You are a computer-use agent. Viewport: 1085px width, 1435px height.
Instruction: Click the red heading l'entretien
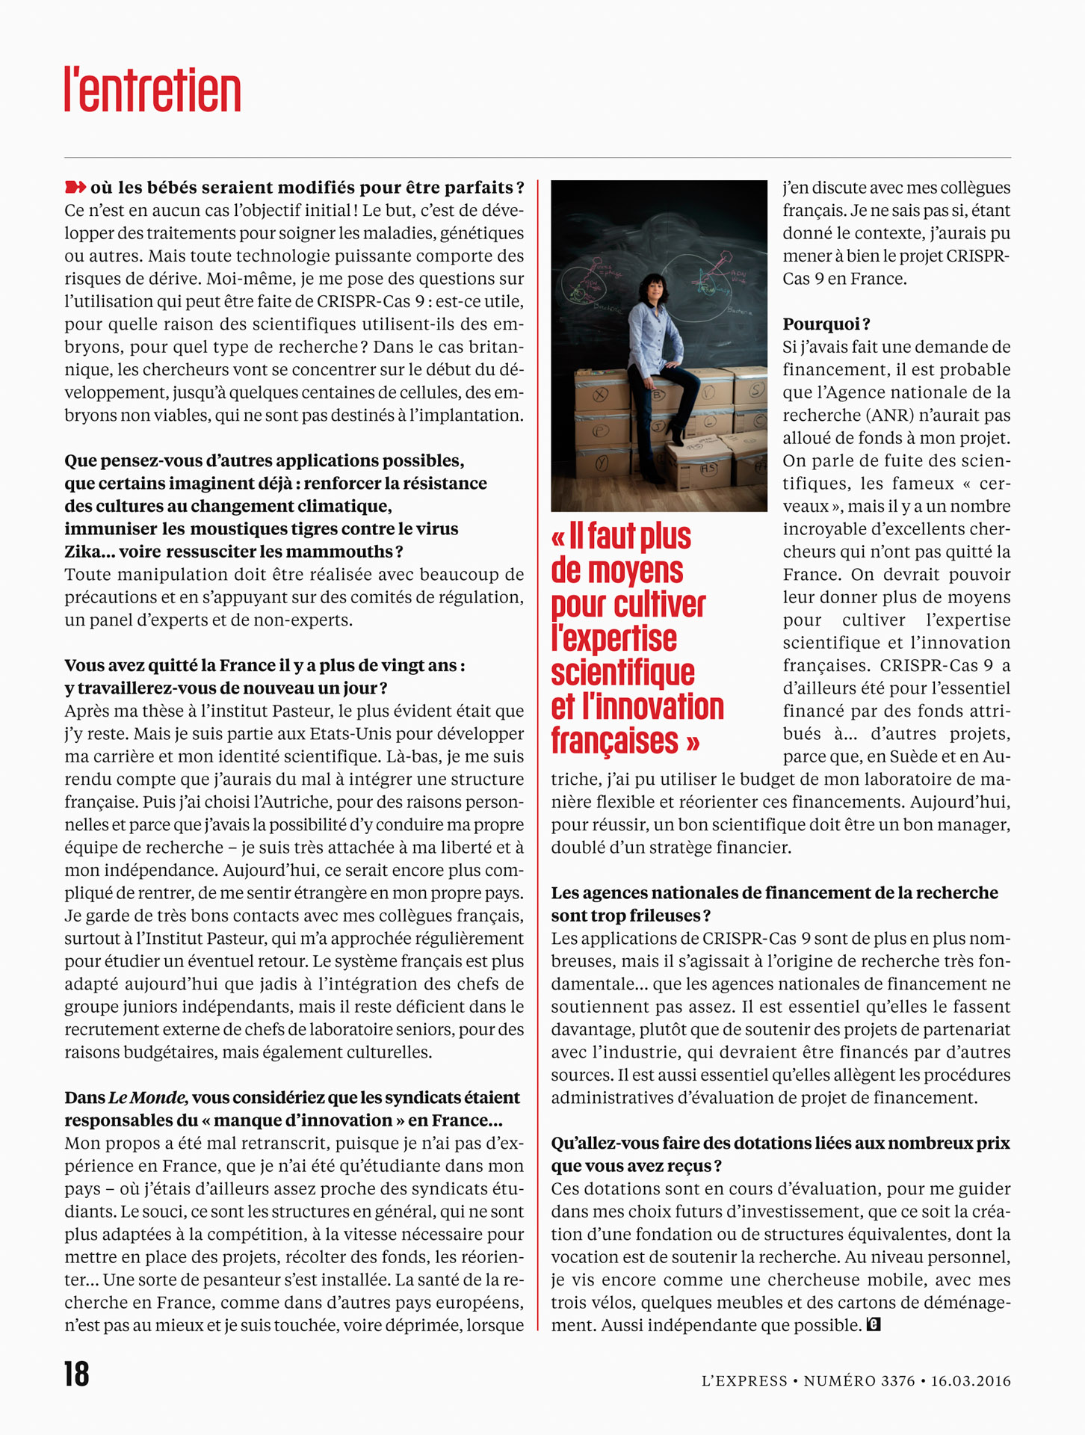pos(152,90)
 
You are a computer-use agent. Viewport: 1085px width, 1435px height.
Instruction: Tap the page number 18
pos(76,1374)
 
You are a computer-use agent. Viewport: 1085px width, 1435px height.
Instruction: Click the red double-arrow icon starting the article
pos(75,187)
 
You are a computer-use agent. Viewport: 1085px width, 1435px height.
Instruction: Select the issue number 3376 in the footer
pos(897,1380)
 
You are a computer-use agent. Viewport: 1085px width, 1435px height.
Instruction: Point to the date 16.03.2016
pos(970,1380)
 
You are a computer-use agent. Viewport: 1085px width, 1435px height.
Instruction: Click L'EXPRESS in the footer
pos(744,1380)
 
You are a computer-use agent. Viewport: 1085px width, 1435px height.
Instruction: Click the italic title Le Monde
pos(148,1097)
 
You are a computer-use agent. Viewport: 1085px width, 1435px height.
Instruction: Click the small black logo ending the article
pos(874,1325)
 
